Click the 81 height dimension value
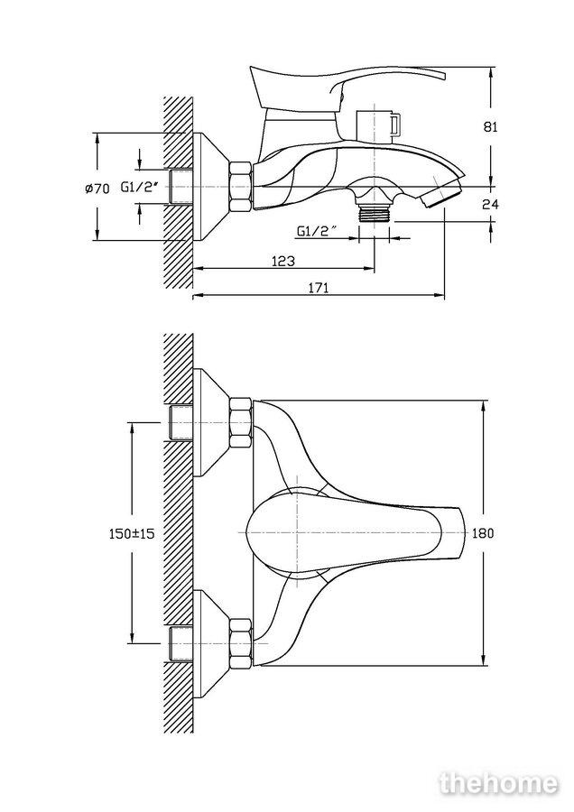click(x=491, y=126)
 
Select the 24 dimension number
click(x=491, y=205)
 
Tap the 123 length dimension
click(x=283, y=261)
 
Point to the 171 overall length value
click(x=319, y=288)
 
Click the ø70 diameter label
click(x=97, y=189)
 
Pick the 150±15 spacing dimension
click(x=132, y=533)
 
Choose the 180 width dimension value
click(x=484, y=533)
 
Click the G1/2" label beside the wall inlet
click(x=139, y=187)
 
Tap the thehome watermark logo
click(x=499, y=783)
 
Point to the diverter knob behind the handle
click(x=378, y=125)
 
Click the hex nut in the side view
click(x=240, y=187)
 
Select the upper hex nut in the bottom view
click(x=240, y=422)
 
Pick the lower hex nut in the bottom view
click(x=240, y=642)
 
